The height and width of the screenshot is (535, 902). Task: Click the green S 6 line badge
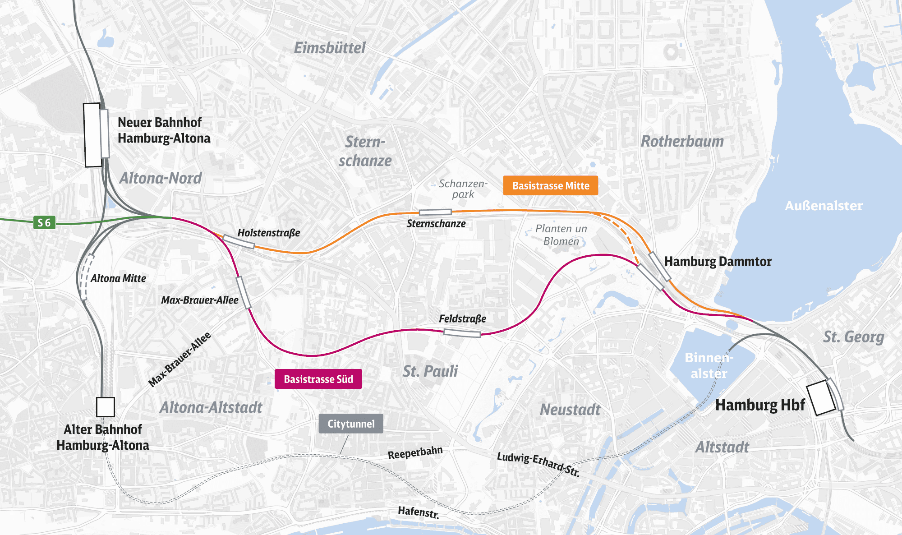(44, 222)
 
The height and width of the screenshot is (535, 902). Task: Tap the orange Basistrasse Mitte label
(550, 185)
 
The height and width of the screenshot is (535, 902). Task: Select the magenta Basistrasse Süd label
(318, 379)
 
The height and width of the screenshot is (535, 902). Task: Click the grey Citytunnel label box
(351, 424)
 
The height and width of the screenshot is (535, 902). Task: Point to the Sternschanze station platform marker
(435, 212)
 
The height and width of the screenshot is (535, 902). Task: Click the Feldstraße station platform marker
(462, 333)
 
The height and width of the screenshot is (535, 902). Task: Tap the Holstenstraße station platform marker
(239, 242)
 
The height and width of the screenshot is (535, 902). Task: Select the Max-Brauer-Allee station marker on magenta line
(244, 293)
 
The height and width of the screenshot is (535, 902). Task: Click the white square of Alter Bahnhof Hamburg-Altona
(105, 407)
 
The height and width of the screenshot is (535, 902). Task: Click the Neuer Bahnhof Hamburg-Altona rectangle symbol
(92, 135)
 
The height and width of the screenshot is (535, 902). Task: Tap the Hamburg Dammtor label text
(718, 262)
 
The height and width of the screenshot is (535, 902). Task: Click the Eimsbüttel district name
(330, 48)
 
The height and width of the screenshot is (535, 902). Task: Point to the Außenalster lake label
(824, 206)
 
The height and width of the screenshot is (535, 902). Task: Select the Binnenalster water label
(709, 365)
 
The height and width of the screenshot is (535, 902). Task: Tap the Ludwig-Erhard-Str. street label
(538, 464)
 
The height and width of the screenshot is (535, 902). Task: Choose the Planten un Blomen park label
(561, 235)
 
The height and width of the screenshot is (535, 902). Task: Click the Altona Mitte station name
(118, 278)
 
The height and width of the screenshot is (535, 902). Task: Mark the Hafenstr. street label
(418, 512)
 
